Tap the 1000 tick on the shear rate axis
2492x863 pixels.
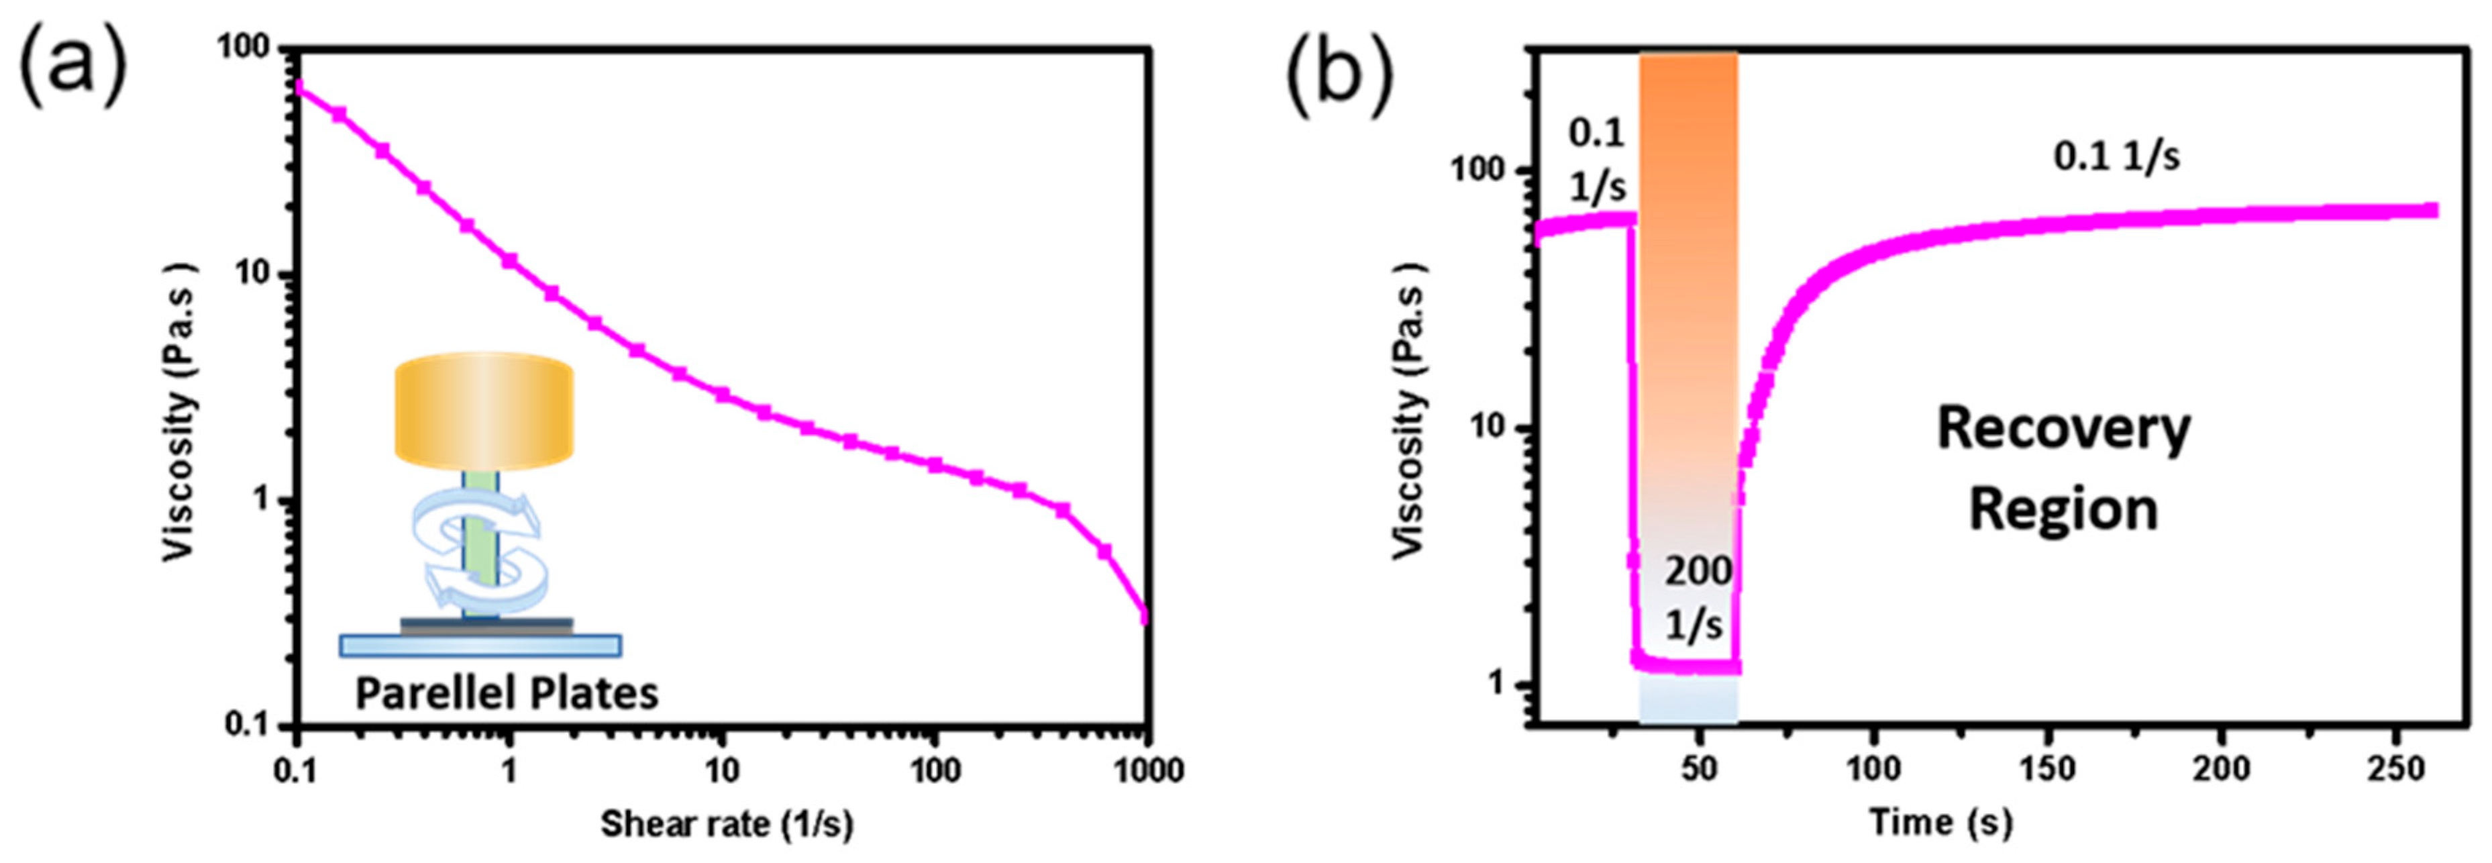(x=1148, y=771)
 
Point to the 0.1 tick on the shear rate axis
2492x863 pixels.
(x=297, y=771)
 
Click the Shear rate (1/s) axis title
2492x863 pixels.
(x=727, y=824)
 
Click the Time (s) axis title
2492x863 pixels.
(x=1940, y=822)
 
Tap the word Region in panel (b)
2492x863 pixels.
(x=2063, y=510)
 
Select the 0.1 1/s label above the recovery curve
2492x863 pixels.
(x=2117, y=156)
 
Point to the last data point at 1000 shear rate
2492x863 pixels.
(x=1146, y=617)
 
